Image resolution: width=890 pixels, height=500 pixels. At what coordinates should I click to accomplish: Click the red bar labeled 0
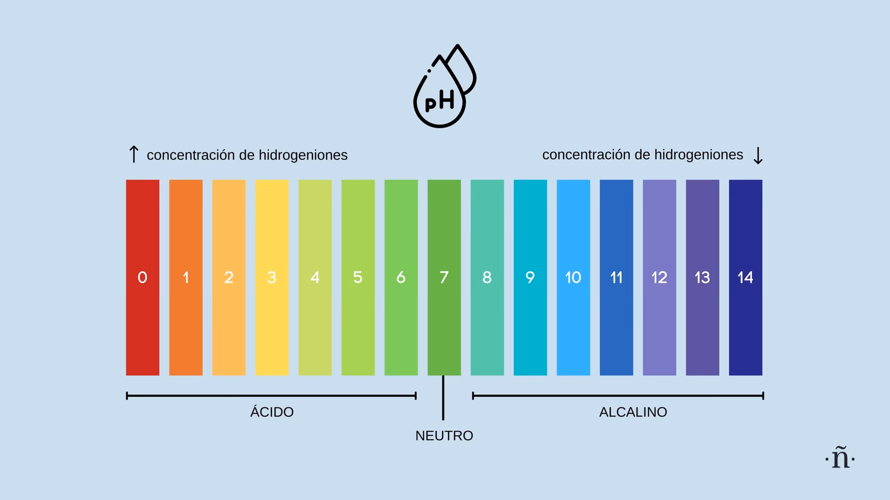point(142,231)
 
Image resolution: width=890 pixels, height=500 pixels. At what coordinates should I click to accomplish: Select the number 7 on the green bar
point(444,277)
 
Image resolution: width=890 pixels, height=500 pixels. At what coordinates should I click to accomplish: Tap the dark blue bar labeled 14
point(745,231)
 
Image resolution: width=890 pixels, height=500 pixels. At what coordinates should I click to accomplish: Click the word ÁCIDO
point(272,412)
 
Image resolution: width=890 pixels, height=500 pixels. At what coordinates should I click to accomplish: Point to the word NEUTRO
point(444,436)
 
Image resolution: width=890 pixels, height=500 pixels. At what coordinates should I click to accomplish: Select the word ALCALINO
point(633,412)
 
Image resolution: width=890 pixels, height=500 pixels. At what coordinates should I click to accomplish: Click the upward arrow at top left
point(133,154)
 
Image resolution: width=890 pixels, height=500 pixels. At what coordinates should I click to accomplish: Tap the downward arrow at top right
point(758,156)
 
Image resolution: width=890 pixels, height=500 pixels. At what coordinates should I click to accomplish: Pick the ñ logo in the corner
point(840,458)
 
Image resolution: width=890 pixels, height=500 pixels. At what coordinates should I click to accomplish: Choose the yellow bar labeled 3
point(272,231)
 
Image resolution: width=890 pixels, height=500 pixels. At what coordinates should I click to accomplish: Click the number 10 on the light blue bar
point(573,277)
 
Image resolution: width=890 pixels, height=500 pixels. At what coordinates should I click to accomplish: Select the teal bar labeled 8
point(487,231)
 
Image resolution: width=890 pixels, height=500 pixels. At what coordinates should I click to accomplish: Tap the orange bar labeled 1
point(185,231)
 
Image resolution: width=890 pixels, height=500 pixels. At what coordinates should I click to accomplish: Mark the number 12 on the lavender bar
point(659,277)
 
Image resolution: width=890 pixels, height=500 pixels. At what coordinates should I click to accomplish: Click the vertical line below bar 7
point(443,398)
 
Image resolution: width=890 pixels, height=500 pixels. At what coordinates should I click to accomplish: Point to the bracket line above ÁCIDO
point(271,396)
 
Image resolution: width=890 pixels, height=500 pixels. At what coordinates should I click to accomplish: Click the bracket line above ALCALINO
point(618,396)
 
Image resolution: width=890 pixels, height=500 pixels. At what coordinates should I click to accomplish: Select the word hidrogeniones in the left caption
point(303,155)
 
